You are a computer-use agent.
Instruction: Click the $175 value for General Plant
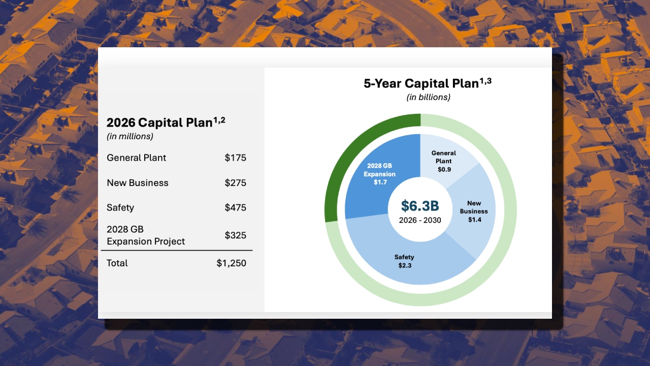coord(235,158)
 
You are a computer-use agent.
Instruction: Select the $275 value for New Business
coord(235,182)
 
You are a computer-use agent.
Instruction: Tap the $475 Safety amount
coord(235,207)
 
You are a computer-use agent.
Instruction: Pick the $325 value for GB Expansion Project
coord(235,235)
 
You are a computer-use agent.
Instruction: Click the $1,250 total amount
coord(231,263)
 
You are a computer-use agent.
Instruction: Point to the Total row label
coord(117,263)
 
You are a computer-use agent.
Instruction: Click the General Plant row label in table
coord(137,158)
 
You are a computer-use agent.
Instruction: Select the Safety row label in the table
coord(120,208)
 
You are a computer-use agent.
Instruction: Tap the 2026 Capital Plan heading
coord(166,123)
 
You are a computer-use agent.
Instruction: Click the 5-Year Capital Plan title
coord(428,83)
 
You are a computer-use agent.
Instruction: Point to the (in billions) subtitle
coord(428,97)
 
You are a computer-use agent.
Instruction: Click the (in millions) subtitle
coord(129,136)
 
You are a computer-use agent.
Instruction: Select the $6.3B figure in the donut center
coord(420,206)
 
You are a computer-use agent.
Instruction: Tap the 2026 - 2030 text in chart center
coord(420,220)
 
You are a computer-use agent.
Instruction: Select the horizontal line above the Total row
coord(177,250)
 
